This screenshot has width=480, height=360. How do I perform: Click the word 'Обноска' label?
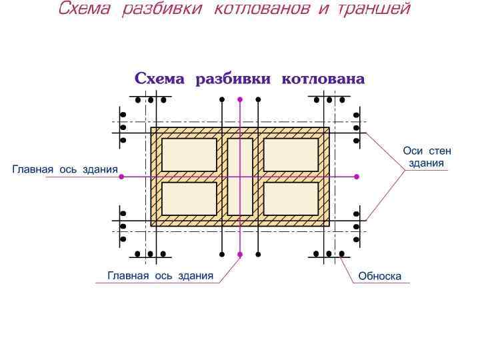[379, 276]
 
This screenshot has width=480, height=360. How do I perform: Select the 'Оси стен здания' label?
[427, 157]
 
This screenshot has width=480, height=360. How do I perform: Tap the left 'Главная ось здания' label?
[65, 170]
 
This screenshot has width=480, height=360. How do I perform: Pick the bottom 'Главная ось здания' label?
[160, 275]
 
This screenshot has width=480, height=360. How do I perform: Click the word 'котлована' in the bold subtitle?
[323, 79]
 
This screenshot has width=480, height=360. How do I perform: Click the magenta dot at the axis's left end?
[121, 177]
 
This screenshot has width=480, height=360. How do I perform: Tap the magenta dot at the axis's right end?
[357, 177]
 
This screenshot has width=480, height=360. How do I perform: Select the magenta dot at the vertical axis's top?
[240, 100]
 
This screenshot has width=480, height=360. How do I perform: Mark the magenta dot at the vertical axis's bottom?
[240, 254]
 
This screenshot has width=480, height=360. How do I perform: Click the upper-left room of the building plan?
[189, 155]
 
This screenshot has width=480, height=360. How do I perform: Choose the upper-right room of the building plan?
[291, 155]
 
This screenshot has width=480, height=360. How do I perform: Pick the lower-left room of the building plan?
[189, 199]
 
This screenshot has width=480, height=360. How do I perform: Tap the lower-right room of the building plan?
[291, 199]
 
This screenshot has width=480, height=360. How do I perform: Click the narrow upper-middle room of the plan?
[240, 155]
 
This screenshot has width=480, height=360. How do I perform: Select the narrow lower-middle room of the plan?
[240, 199]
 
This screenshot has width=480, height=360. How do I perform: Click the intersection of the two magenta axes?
[240, 177]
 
